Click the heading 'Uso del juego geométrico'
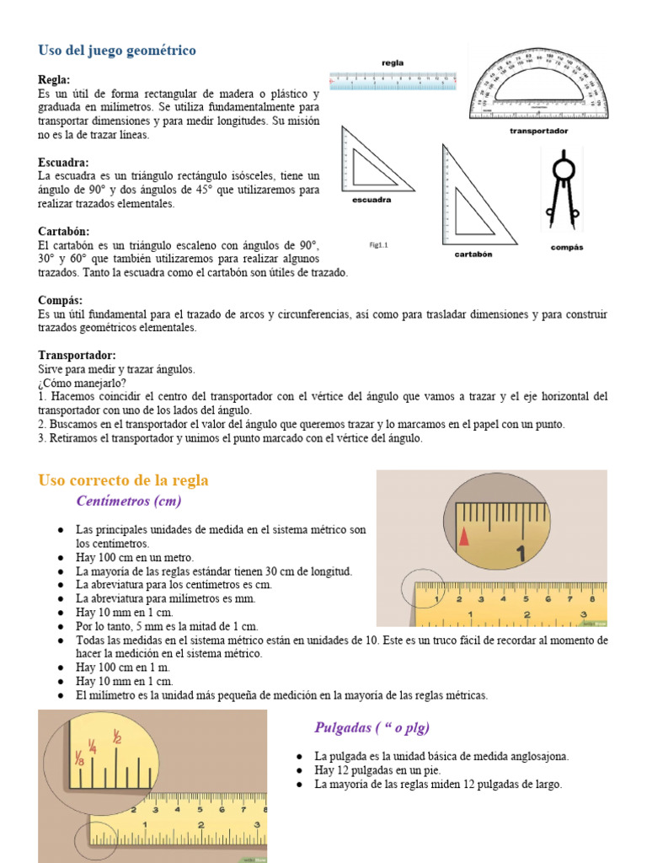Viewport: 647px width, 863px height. (x=117, y=51)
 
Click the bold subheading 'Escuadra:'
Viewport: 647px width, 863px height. (x=63, y=162)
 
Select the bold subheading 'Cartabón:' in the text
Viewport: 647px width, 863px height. (x=63, y=231)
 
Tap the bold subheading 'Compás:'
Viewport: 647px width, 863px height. (x=60, y=300)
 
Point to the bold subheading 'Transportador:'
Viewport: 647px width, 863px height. (x=77, y=356)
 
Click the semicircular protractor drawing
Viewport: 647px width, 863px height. (x=537, y=84)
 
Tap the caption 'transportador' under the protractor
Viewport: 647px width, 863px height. (x=538, y=131)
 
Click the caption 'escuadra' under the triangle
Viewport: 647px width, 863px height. (x=371, y=200)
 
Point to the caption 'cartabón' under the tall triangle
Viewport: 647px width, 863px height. (x=473, y=254)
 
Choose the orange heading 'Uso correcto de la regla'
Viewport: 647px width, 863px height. (x=123, y=480)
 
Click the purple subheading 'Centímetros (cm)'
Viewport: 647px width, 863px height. (x=128, y=501)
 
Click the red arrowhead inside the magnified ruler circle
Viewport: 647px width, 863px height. (x=463, y=535)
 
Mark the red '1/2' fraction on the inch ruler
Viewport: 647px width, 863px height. (x=117, y=738)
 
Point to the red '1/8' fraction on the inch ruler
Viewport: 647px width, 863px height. (x=80, y=760)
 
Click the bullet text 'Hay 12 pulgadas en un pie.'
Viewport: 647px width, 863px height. (x=377, y=770)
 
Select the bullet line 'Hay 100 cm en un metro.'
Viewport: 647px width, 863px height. (x=135, y=557)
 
